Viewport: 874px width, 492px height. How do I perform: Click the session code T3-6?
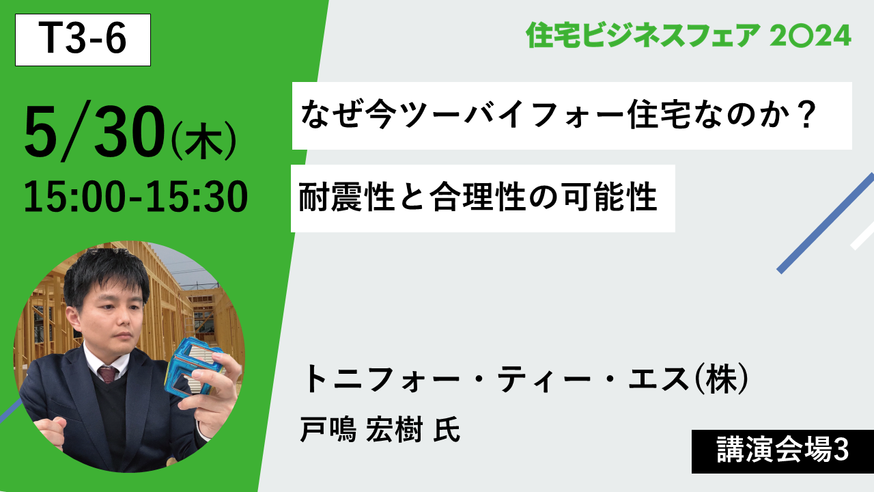point(83,39)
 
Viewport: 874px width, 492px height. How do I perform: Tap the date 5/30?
point(94,131)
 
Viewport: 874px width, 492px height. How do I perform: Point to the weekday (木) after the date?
point(203,141)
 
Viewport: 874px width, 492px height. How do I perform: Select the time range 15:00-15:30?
point(136,196)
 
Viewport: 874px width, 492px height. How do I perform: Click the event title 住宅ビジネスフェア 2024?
point(688,35)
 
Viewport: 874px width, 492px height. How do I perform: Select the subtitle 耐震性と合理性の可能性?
point(477,197)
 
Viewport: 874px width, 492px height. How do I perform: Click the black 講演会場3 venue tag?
point(783,452)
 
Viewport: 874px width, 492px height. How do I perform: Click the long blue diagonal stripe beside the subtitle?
point(826,223)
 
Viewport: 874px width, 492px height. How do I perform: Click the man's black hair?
point(105,273)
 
